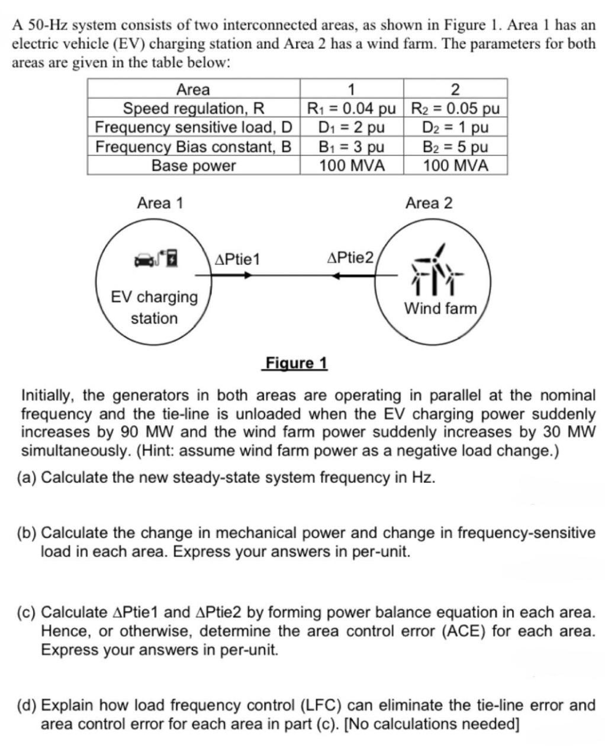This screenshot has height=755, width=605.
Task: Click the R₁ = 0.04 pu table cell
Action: pyautogui.click(x=351, y=108)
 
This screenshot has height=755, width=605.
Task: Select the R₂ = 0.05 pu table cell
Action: pyautogui.click(x=455, y=108)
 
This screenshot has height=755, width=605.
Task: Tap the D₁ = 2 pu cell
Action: pyautogui.click(x=351, y=127)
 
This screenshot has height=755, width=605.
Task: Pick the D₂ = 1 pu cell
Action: pyautogui.click(x=455, y=127)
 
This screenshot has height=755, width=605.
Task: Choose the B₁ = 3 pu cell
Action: pyautogui.click(x=351, y=146)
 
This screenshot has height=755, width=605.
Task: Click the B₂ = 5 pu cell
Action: pyautogui.click(x=455, y=146)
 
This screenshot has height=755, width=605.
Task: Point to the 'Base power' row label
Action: pyautogui.click(x=194, y=165)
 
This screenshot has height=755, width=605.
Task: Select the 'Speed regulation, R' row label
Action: pyautogui.click(x=194, y=108)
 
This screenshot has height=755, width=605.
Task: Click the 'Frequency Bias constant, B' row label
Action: pyautogui.click(x=194, y=146)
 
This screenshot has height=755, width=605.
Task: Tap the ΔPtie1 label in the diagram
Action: pyautogui.click(x=237, y=259)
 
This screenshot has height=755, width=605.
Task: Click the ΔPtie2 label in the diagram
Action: pyautogui.click(x=350, y=258)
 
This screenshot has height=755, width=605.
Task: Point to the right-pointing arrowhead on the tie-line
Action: pyautogui.click(x=247, y=275)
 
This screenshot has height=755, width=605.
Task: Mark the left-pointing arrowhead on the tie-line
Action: pyautogui.click(x=337, y=275)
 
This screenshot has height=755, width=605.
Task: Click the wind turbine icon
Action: pyautogui.click(x=437, y=269)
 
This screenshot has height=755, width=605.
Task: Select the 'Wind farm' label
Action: pyautogui.click(x=440, y=308)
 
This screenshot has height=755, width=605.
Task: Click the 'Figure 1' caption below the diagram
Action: pyautogui.click(x=295, y=362)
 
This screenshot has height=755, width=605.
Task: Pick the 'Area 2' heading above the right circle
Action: pyautogui.click(x=429, y=203)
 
